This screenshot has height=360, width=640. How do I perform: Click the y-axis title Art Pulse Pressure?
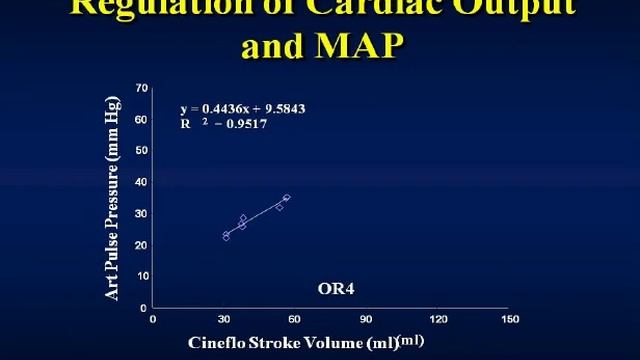point(114,200)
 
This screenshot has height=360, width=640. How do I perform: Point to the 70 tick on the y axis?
point(142,88)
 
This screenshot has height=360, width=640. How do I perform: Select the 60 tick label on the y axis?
point(142,119)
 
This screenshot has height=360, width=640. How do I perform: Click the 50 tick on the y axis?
point(142,150)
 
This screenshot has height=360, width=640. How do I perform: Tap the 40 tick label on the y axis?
point(142,182)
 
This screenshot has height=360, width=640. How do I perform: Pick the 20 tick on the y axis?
point(142,245)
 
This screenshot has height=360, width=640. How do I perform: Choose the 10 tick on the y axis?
point(142,276)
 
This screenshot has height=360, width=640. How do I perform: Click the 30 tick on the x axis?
point(224,320)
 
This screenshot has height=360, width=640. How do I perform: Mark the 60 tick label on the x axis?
point(296,320)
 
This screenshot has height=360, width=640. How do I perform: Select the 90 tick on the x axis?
point(367,320)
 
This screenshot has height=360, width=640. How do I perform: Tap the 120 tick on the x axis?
point(438,320)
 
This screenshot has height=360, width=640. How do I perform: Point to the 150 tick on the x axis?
point(510,320)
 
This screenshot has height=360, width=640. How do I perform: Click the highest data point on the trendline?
point(286,198)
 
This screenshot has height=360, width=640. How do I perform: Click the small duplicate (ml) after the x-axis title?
point(411,340)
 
